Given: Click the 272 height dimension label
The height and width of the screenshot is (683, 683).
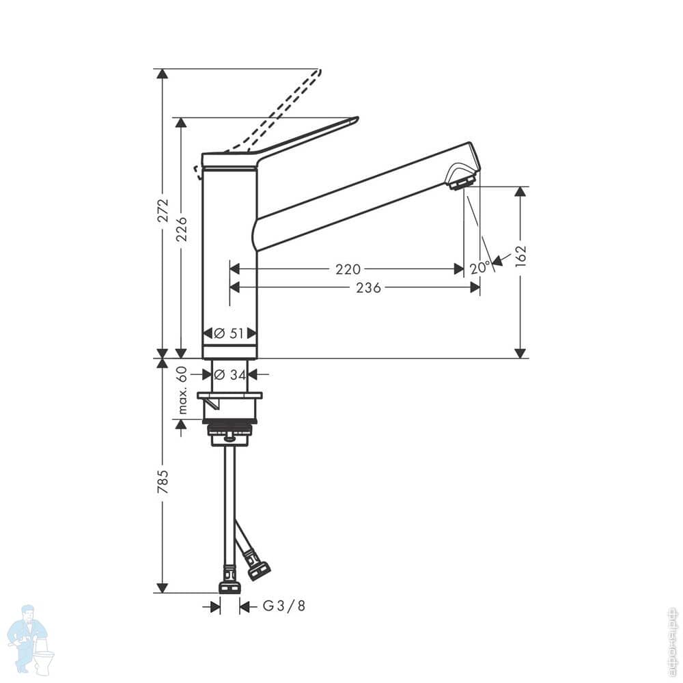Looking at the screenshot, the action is [x=163, y=210].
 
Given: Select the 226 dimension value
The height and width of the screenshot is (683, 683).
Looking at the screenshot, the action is [x=181, y=229].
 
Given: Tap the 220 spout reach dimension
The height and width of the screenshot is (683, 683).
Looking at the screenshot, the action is [x=348, y=269].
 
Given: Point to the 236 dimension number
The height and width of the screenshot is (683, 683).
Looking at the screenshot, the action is [x=369, y=288].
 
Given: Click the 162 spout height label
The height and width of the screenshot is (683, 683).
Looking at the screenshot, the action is [x=520, y=256].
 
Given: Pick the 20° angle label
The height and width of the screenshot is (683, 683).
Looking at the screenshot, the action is [x=480, y=268].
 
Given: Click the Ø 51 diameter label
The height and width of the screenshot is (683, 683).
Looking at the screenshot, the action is [x=229, y=334].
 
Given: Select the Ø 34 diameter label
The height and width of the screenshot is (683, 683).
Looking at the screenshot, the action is [x=229, y=374].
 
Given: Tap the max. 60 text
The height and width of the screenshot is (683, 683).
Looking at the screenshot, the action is [x=182, y=390].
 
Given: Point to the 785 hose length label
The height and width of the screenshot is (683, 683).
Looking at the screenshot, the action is [x=163, y=482].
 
